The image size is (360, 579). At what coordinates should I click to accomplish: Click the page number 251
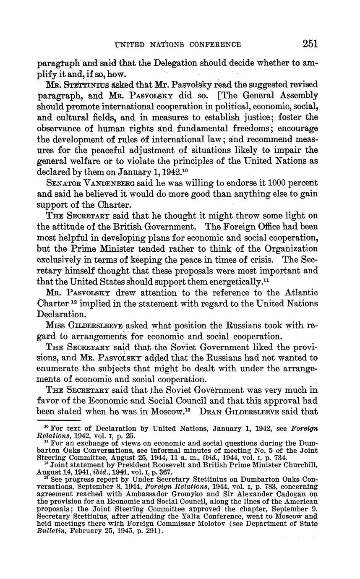(x=310, y=44)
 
